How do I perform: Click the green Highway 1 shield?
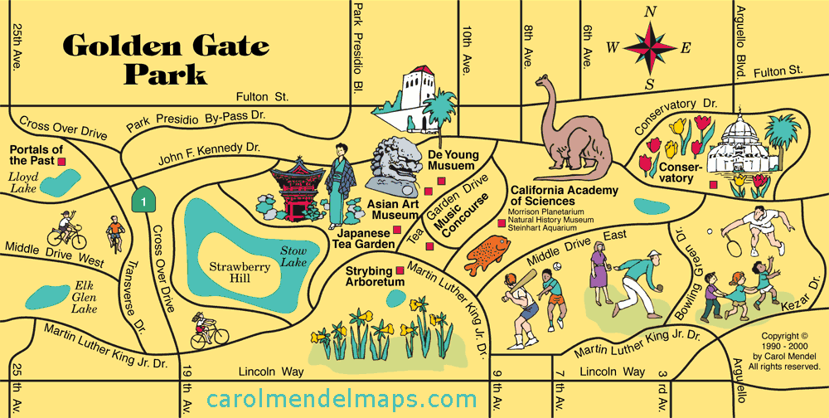tap(145, 199)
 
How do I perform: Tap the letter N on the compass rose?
tap(651, 12)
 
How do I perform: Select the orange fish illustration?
tap(487, 252)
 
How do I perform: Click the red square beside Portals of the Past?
tap(72, 163)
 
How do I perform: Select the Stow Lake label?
tap(293, 255)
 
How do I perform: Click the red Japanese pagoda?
tap(295, 190)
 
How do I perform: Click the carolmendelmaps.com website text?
tap(342, 401)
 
